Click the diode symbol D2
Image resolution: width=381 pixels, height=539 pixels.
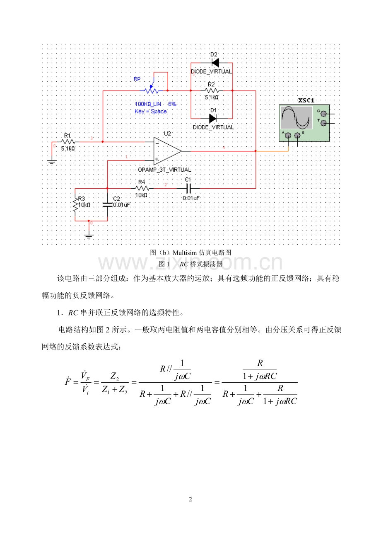215,63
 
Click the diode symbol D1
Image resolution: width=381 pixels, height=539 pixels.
213,118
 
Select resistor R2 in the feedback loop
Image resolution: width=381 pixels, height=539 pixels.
211,90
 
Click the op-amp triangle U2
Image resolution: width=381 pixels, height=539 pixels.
167,151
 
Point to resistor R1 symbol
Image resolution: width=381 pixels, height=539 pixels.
68,142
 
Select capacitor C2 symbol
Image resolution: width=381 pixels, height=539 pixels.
108,204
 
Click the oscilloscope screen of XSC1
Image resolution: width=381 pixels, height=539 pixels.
296,117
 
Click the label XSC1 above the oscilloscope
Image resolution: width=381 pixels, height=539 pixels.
306,100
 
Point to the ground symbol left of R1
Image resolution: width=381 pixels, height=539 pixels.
51,162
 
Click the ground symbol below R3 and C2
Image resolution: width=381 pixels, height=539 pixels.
89,237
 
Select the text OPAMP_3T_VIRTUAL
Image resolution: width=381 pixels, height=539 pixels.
164,170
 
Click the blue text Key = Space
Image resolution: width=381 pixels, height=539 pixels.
151,111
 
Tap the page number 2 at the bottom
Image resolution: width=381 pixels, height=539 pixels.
190,499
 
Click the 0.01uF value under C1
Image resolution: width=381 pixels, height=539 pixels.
191,198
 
